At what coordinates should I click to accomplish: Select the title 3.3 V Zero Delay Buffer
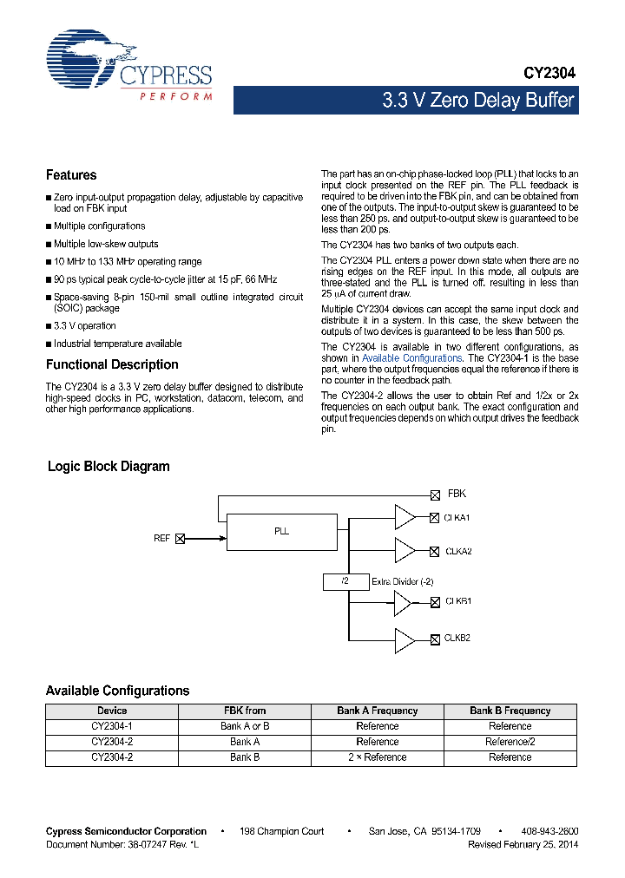(x=478, y=101)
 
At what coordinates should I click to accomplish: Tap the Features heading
(x=71, y=175)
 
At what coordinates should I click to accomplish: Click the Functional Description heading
(x=112, y=364)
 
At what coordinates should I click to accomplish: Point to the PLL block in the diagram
(x=281, y=531)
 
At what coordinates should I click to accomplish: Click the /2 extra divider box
(x=345, y=581)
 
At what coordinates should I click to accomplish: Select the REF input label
(x=161, y=539)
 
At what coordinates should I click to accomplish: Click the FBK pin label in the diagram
(x=457, y=494)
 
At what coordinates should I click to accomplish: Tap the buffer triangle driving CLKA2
(x=405, y=550)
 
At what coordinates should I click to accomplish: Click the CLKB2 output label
(x=457, y=639)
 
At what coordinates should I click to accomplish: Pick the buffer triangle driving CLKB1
(x=405, y=601)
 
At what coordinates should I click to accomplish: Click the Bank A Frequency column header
(x=377, y=711)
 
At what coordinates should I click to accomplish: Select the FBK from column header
(x=244, y=711)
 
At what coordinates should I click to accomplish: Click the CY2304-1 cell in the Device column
(x=111, y=726)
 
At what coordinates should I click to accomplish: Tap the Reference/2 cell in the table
(x=510, y=742)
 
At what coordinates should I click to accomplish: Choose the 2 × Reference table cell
(x=377, y=757)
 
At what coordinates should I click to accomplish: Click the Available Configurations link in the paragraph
(x=411, y=358)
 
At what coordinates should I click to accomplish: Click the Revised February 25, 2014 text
(x=523, y=844)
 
